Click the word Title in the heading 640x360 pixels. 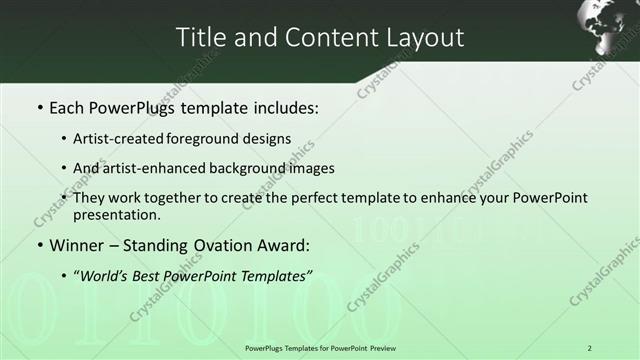[200, 38]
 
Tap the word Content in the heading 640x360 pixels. [323, 38]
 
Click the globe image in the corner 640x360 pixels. [607, 27]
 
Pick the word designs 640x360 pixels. [269, 138]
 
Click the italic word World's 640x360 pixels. [104, 275]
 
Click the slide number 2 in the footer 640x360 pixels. [590, 348]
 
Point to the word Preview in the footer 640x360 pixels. [375, 348]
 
